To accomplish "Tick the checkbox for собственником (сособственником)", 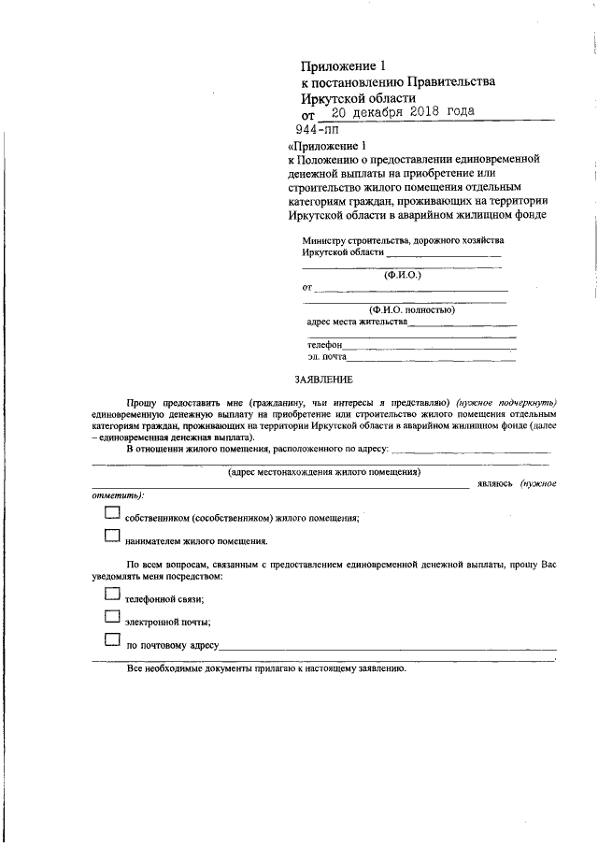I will [x=112, y=512].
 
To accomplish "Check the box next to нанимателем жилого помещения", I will [x=112, y=536].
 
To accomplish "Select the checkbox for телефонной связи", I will [x=112, y=594].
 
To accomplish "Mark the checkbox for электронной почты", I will [x=112, y=616].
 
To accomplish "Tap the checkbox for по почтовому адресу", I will [x=112, y=639].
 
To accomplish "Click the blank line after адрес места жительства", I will [x=462, y=324].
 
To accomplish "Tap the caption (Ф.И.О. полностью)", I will [x=411, y=309].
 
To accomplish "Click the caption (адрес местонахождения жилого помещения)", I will [x=324, y=471].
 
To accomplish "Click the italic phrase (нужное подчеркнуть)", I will [x=505, y=399].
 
